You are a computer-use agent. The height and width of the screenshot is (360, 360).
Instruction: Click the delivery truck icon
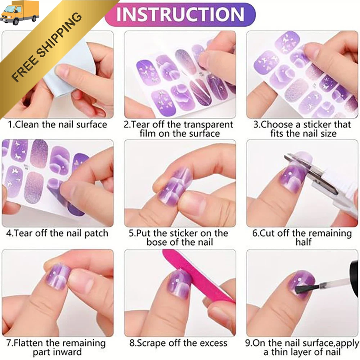coord(19,13)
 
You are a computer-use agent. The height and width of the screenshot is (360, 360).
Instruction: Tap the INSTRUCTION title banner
coord(180,14)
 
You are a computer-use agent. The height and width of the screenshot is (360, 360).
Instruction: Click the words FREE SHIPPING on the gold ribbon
coord(46,47)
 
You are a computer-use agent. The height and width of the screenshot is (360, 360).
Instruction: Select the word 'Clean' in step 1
coord(27,125)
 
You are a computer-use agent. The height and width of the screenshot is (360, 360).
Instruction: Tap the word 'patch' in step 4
coord(96,234)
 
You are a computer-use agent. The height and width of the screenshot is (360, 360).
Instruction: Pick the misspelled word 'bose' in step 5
coord(157,242)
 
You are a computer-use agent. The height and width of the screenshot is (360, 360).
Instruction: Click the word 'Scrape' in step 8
coord(150,343)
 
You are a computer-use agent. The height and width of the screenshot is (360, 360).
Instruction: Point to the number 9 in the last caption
coord(248,343)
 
